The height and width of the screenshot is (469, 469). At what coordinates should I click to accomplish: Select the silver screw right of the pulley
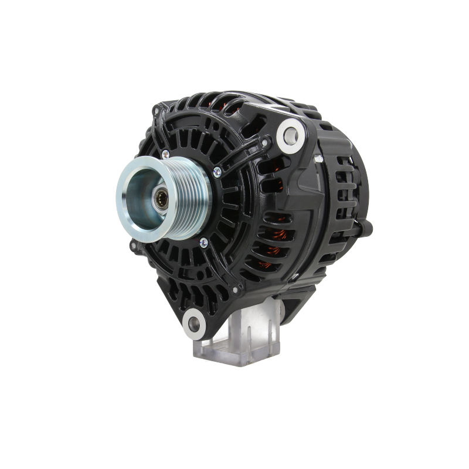[217, 171]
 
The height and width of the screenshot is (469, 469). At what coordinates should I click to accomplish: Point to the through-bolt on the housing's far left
[133, 243]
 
